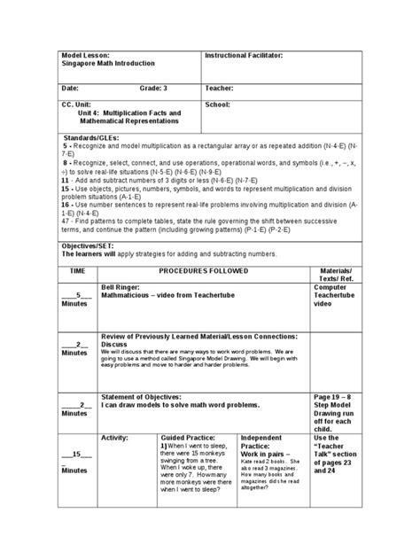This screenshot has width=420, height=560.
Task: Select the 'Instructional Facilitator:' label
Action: [244, 55]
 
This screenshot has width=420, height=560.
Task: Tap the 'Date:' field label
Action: [71, 89]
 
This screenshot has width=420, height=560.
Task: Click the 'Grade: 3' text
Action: [152, 89]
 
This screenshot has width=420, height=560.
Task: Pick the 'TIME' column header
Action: [77, 268]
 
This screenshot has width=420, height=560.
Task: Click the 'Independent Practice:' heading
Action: [263, 442]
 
